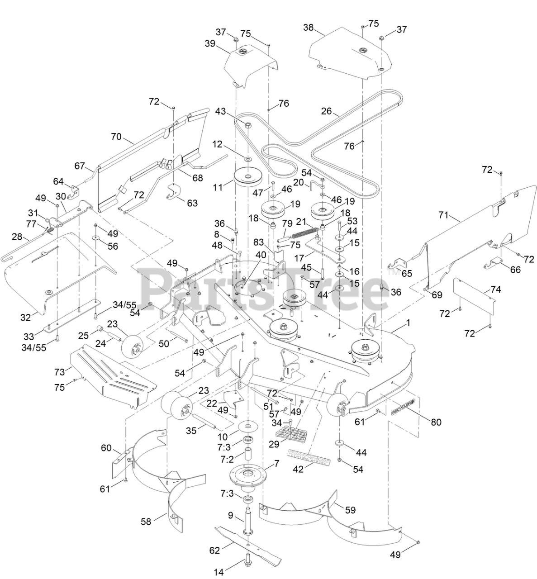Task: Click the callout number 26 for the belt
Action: (327, 110)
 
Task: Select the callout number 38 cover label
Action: (308, 27)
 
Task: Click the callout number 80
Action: (436, 422)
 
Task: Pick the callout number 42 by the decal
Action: (298, 469)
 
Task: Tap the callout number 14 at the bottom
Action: (219, 572)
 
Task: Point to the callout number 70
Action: (116, 136)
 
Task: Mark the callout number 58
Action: (146, 522)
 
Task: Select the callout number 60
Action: (106, 448)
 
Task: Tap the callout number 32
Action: (25, 317)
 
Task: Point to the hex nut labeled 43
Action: (248, 125)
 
